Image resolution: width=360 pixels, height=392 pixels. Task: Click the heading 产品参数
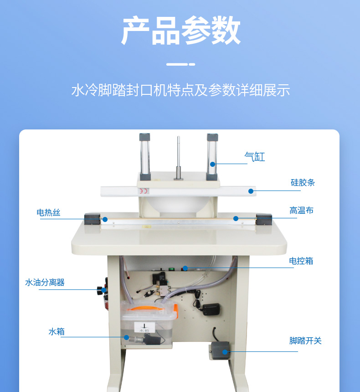coord(180,30)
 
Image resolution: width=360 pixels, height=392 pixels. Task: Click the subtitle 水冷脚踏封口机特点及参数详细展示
coord(180,90)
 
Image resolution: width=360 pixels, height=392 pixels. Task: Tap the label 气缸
coord(254,157)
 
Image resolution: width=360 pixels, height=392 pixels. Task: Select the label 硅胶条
coord(303,182)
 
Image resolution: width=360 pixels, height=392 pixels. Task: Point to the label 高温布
coord(302,210)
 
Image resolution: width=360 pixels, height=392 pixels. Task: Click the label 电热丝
coord(48,212)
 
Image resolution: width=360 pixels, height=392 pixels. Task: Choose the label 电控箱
coord(301,261)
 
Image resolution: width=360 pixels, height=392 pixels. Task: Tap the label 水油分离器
coord(45,283)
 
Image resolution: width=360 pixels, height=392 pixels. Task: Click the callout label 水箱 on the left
coord(57,331)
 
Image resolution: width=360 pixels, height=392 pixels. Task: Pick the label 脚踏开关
coord(305,340)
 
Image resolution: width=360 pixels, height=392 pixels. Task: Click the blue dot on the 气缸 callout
coord(212,164)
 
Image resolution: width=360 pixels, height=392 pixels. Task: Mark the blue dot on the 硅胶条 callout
coord(251,191)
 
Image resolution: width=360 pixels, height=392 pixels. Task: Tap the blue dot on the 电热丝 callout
coord(105,220)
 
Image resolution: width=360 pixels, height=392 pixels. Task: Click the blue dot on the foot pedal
coord(225,352)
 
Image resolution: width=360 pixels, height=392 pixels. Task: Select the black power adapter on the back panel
coord(211,309)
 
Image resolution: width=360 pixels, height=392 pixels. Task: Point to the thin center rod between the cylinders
coord(179,158)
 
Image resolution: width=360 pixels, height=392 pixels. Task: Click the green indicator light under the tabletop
coord(171,269)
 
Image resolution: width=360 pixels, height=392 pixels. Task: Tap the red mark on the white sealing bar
coord(144,191)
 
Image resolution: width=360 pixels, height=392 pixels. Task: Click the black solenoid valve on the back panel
coord(159,278)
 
